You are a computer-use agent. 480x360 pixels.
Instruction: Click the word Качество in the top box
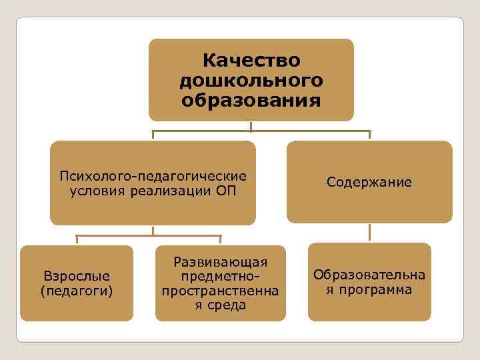tap(251, 61)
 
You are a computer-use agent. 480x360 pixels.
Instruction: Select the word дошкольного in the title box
tap(251, 81)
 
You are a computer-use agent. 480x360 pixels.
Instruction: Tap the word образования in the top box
tap(251, 101)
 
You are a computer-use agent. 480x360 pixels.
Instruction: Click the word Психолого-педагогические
tap(153, 176)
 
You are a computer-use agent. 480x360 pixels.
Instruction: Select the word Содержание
tap(369, 182)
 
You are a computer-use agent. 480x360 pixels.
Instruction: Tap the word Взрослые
tap(77, 275)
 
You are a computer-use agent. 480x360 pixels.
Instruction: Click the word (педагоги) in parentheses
tap(77, 291)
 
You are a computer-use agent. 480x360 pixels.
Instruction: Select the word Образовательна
tap(369, 275)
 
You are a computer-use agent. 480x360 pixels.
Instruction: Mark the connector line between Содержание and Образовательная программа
tap(369, 232)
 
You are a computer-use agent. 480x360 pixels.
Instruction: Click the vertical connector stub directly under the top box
tap(251, 126)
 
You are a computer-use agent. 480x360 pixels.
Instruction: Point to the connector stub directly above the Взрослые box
tap(77, 240)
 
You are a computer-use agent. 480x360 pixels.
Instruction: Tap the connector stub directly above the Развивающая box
tap(220, 240)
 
